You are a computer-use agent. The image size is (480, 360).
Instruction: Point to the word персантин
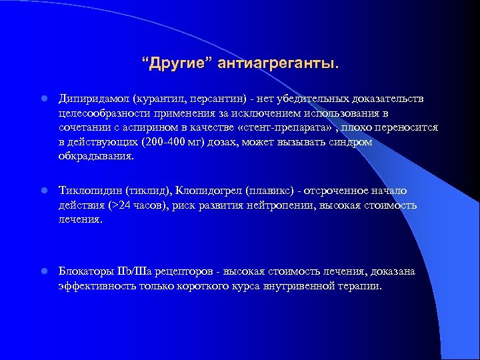219,99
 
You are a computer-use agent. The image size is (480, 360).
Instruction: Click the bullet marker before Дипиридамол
41,99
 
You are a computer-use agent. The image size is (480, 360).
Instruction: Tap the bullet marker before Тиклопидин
41,191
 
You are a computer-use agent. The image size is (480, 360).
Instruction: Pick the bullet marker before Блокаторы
41,271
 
